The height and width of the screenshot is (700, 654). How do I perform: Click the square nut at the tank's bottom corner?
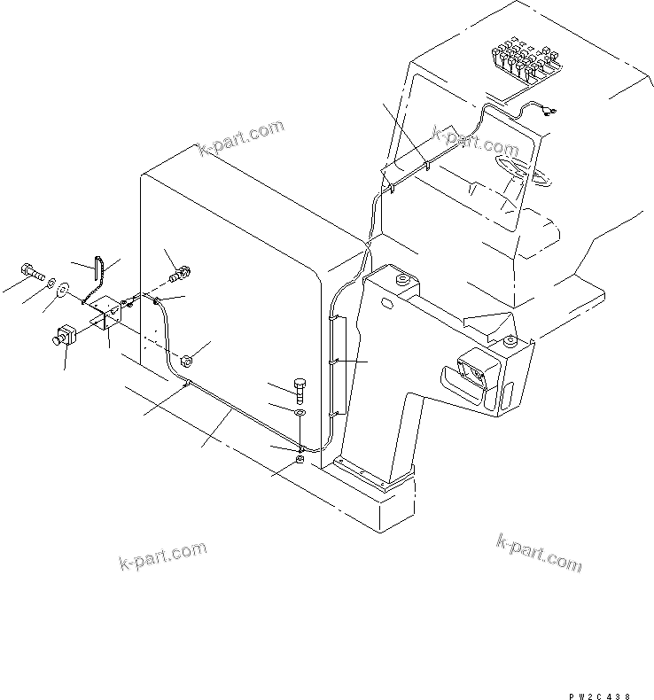[300, 459]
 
